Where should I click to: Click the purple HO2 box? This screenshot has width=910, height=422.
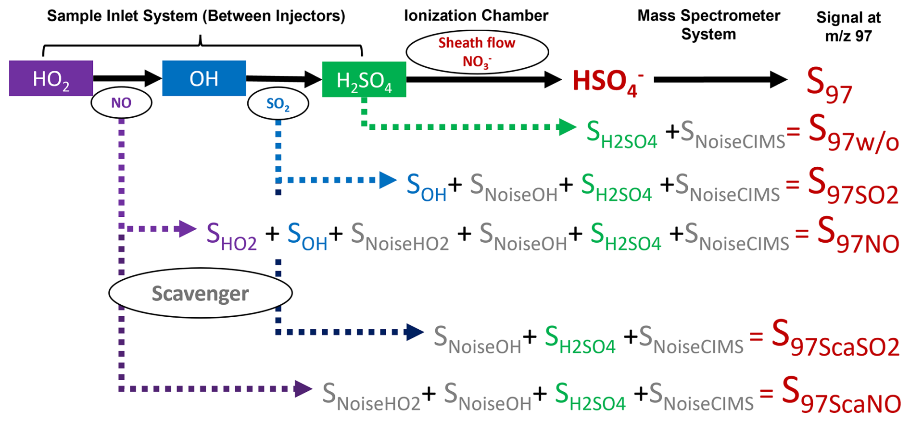coord(51,78)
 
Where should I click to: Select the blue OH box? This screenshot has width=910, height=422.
coord(204,78)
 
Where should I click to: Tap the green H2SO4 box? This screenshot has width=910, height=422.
coord(364,80)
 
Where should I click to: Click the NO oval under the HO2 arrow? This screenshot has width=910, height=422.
coord(121,103)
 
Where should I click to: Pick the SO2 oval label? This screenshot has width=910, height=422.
coord(278,104)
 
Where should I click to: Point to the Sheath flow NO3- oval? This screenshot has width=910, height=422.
coord(477,52)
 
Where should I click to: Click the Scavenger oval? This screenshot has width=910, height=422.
coord(200,293)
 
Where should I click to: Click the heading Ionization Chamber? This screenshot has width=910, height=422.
coord(476,16)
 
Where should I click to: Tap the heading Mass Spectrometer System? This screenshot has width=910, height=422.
coord(708,25)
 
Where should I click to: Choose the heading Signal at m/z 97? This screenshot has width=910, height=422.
coord(848,26)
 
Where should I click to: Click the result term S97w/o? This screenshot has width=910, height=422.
coord(853,134)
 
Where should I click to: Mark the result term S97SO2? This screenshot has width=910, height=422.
coord(853,186)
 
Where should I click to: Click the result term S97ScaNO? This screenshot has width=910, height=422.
coord(841,396)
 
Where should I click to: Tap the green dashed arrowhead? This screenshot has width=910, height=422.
coord(568,127)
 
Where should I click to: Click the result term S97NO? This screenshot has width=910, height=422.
coord(858,236)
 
